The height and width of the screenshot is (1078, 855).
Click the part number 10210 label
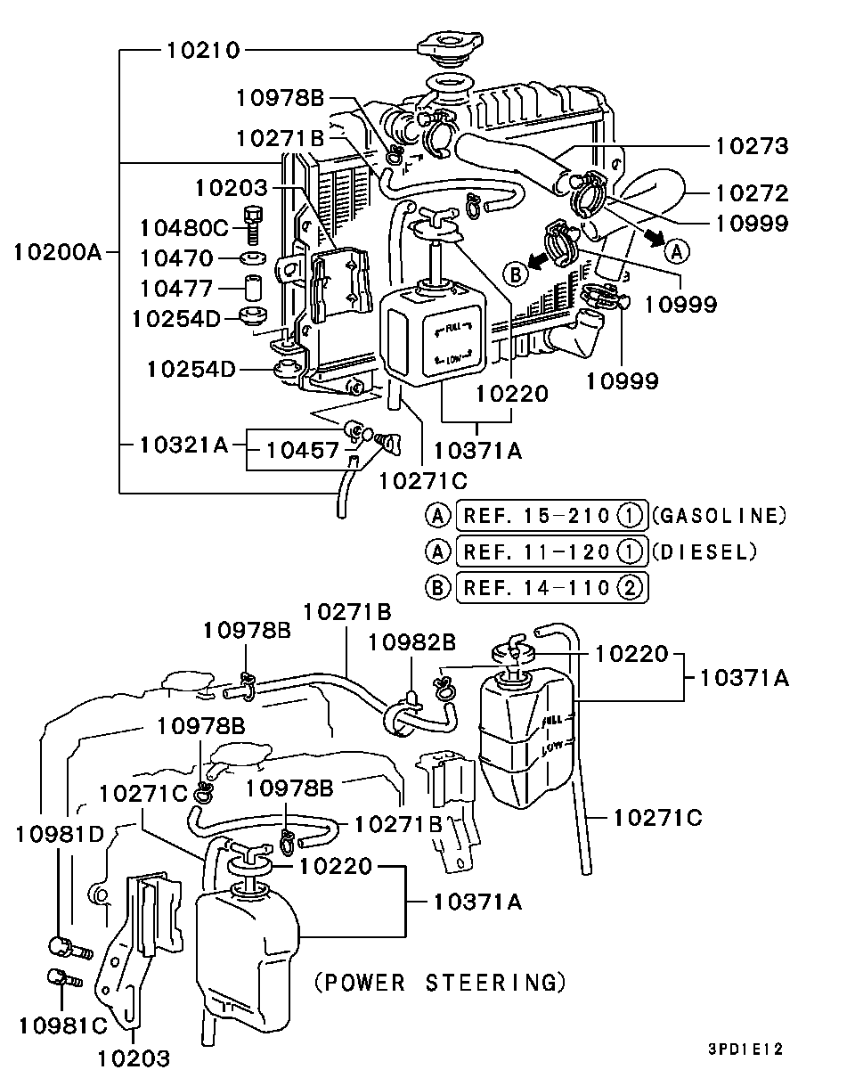[x=202, y=51]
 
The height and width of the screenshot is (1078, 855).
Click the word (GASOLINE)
[x=720, y=515]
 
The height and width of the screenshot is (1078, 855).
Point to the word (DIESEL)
[x=704, y=551]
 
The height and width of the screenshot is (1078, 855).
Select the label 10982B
[x=413, y=642]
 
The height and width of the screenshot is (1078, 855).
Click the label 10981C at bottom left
[x=62, y=1025]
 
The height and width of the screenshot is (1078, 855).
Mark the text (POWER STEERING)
[x=441, y=983]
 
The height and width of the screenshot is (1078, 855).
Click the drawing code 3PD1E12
[x=745, y=1050]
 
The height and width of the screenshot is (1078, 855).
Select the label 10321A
[x=184, y=442]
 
